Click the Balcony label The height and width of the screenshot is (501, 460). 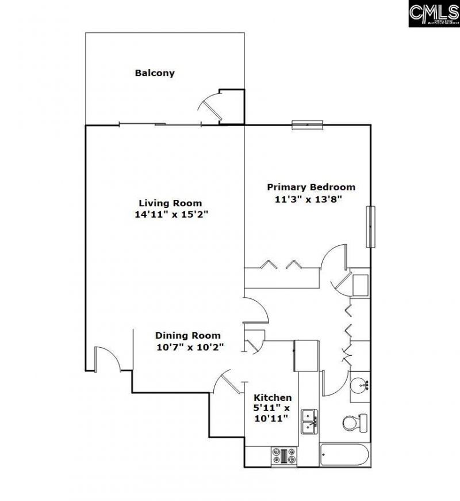[x=155, y=73]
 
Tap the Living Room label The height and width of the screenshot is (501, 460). [x=170, y=203]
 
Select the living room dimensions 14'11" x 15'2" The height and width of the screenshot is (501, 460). [x=170, y=214]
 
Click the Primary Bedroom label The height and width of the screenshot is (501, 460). [x=310, y=187]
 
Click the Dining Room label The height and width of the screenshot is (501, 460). [x=188, y=335]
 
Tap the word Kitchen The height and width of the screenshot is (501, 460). [x=273, y=397]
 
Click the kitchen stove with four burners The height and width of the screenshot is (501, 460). [x=285, y=456]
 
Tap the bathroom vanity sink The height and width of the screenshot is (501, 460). [x=361, y=384]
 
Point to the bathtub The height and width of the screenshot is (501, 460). [x=344, y=456]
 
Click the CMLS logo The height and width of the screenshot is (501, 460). [x=434, y=13]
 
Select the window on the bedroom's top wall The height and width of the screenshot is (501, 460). [x=308, y=123]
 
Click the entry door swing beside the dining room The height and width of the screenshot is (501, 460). [x=106, y=359]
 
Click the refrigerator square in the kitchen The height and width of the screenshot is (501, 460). [x=306, y=355]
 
